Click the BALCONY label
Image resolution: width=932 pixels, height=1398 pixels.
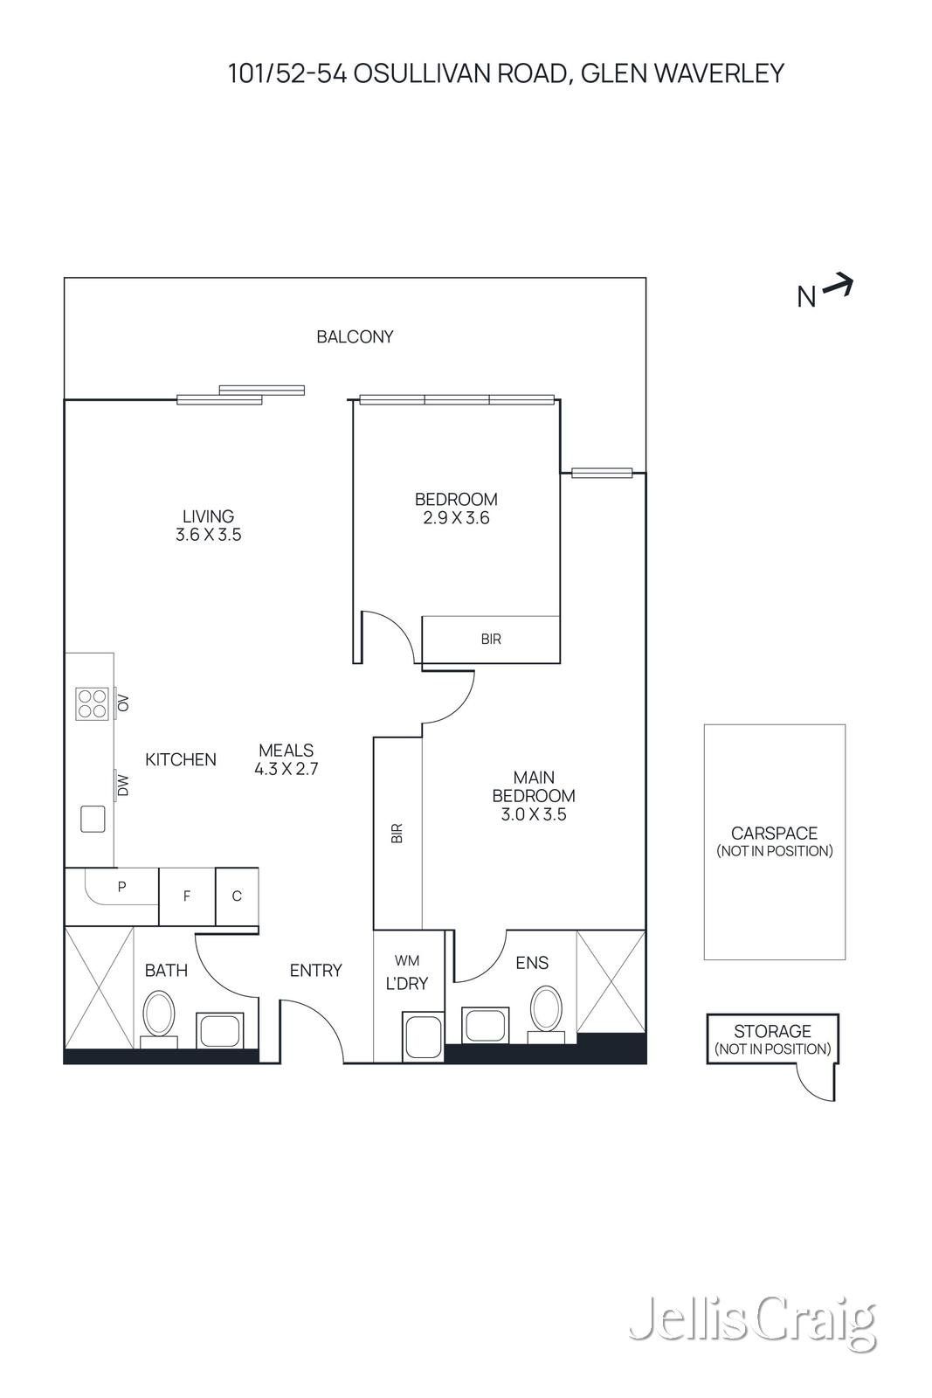click(x=355, y=336)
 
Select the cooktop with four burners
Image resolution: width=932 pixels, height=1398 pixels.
click(x=92, y=702)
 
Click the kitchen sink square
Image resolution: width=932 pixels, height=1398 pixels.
click(x=93, y=819)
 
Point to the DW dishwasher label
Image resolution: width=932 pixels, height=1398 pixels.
click(x=123, y=786)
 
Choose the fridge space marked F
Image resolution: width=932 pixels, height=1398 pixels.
click(x=187, y=896)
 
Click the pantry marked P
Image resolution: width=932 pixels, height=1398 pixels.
click(x=121, y=887)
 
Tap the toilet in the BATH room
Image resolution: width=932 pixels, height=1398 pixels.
click(x=159, y=1014)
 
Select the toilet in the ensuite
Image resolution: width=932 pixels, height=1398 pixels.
click(x=547, y=1009)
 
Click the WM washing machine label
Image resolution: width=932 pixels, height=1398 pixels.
click(x=407, y=961)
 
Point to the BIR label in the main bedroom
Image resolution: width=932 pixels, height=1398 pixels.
click(x=397, y=833)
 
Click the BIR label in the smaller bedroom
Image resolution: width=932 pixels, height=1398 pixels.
click(x=491, y=640)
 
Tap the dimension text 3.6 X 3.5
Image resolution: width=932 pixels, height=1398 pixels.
click(x=209, y=535)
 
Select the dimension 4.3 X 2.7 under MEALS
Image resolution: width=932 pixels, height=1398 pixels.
click(x=287, y=769)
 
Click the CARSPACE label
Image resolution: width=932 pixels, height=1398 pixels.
click(x=774, y=834)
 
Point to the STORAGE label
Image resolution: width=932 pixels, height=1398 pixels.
click(x=772, y=1031)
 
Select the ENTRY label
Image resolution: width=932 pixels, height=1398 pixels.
click(x=316, y=970)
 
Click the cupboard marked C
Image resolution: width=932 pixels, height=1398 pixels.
click(x=237, y=896)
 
